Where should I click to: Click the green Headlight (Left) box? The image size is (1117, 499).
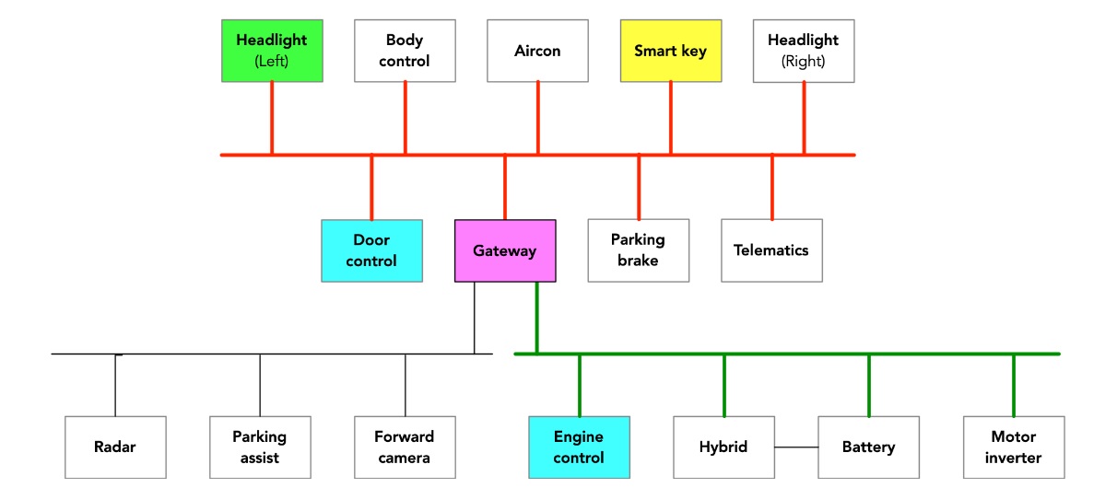[x=272, y=51]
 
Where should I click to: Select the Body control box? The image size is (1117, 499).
[x=405, y=51]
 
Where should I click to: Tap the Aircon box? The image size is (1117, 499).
[x=537, y=51]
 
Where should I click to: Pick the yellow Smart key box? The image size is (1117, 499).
[x=670, y=51]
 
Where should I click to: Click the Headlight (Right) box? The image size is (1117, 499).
[x=804, y=51]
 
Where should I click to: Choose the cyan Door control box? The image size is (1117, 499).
[x=371, y=250]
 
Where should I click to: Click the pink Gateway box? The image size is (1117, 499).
[x=505, y=250]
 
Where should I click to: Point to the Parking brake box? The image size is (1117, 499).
[x=638, y=250]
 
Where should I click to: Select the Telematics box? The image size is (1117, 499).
[x=771, y=250]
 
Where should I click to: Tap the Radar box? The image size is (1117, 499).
[x=115, y=447]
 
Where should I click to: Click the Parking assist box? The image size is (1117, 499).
[x=260, y=447]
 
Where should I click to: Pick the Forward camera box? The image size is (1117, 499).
[x=405, y=447]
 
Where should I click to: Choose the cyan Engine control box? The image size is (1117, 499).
[x=579, y=447]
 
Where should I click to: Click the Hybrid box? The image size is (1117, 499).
[x=723, y=447]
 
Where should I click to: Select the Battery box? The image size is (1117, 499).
[x=868, y=447]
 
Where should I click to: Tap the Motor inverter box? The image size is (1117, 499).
[x=1014, y=447]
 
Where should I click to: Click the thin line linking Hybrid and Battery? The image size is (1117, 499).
[x=796, y=447]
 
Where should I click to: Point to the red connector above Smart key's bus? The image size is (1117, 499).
[x=670, y=118]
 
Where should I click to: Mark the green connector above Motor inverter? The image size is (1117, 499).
[x=1014, y=385]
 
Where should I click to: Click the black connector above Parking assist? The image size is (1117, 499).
[x=260, y=385]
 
